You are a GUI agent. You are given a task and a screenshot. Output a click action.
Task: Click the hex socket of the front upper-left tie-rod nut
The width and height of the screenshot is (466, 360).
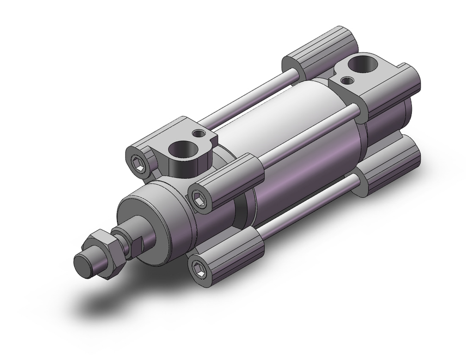138,163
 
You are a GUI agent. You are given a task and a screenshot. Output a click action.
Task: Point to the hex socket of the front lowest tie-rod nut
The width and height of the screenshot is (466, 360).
199,268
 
